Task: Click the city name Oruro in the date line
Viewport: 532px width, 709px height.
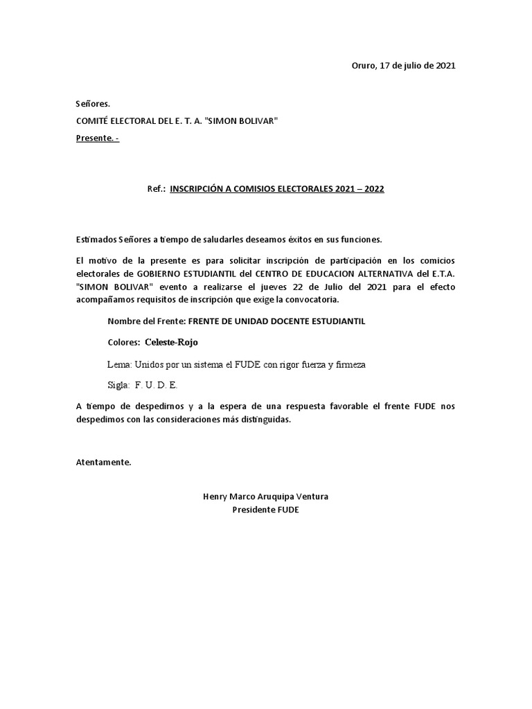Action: point(364,66)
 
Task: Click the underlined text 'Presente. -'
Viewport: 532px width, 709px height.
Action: point(97,138)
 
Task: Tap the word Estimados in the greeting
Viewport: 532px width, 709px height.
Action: point(96,240)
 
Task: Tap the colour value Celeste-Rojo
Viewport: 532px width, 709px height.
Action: point(171,343)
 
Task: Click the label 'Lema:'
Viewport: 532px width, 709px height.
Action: point(119,364)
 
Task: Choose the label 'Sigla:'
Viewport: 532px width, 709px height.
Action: point(119,385)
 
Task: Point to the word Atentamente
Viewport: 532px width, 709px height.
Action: point(103,463)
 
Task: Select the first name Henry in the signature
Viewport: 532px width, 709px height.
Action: point(215,497)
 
